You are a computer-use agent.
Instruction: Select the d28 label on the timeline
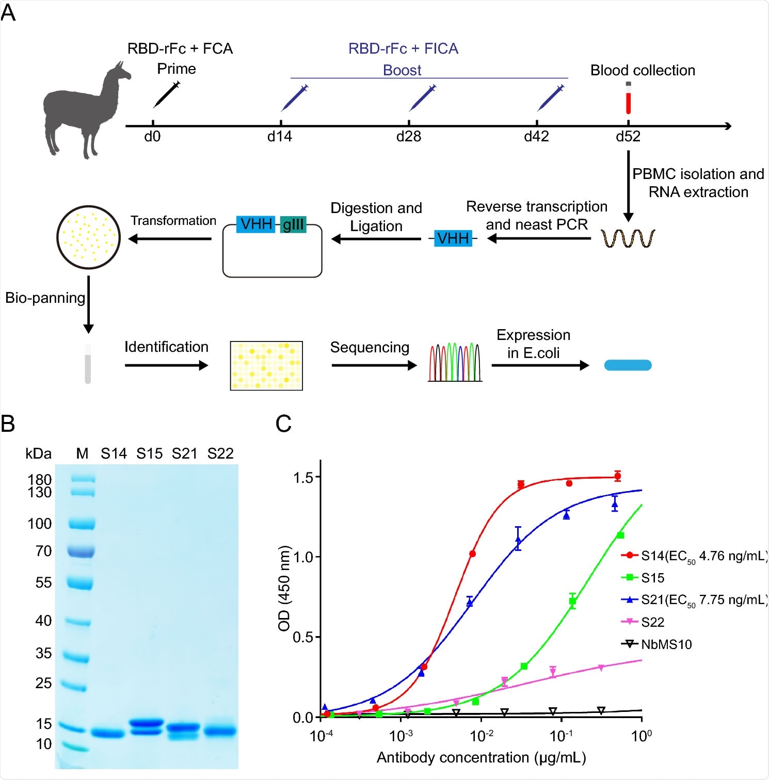tap(408, 137)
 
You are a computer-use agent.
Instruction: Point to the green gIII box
tap(293, 224)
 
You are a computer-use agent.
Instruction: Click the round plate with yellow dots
tap(88, 237)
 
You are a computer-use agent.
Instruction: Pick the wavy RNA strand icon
tap(628, 238)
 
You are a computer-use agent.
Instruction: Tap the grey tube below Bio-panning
tap(88, 364)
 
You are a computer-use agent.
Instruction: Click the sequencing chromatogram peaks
tap(455, 362)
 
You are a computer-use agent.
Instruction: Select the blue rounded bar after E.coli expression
tap(628, 365)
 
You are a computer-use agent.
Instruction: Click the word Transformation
tap(173, 221)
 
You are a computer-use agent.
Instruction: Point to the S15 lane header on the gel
tap(149, 453)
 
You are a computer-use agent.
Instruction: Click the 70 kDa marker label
tap(43, 551)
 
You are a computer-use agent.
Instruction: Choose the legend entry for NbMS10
tap(666, 644)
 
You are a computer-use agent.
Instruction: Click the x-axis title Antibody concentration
tap(481, 757)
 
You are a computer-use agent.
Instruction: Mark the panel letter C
tap(284, 424)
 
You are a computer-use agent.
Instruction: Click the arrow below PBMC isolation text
tap(628, 186)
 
